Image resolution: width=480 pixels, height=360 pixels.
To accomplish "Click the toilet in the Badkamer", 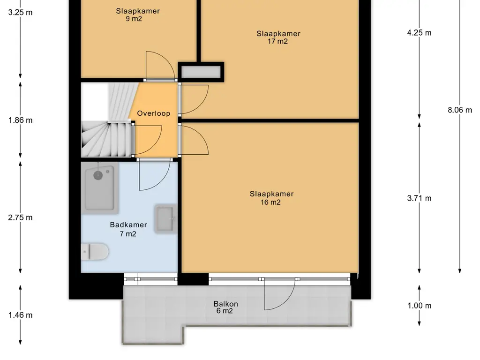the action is click(x=95, y=252).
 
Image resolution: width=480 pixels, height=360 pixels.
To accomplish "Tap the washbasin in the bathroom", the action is click(x=165, y=218).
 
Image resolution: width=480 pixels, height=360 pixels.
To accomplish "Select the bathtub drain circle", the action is click(x=98, y=175).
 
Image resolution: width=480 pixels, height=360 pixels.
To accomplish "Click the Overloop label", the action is click(x=153, y=113).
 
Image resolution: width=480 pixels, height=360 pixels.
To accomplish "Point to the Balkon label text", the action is click(x=225, y=304).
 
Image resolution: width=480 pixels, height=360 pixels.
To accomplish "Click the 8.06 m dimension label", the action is click(x=460, y=110).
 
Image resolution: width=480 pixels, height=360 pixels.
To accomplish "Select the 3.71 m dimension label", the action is click(x=419, y=198).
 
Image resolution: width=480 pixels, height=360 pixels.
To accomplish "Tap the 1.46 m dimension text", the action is click(x=20, y=315).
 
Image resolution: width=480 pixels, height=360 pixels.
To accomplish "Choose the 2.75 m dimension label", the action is click(x=20, y=217).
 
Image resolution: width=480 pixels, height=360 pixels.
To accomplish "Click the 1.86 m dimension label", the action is click(x=20, y=120).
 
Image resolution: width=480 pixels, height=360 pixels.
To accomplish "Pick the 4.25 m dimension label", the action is click(x=419, y=33).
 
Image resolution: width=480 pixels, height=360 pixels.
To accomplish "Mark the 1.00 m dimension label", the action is click(x=419, y=306).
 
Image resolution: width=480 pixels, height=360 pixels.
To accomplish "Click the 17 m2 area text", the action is click(x=277, y=41).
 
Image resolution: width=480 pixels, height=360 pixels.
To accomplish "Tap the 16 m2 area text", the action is click(x=270, y=202).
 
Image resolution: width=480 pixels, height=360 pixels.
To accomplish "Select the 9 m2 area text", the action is click(x=134, y=19).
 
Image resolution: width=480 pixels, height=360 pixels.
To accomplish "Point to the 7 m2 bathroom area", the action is click(x=128, y=234).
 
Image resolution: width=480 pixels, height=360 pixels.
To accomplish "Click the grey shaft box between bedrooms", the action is click(x=201, y=72).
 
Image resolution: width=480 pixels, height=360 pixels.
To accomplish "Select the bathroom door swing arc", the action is click(x=162, y=180).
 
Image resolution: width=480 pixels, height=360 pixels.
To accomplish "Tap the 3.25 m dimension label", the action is click(x=20, y=13).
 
